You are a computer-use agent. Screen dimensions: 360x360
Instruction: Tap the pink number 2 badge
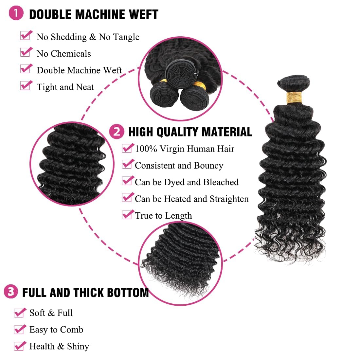point(117,131)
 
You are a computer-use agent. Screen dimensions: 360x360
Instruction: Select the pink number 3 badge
point(11,291)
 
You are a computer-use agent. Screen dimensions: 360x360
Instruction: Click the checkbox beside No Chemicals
point(26,53)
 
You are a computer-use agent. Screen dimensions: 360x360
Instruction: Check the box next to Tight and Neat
point(26,86)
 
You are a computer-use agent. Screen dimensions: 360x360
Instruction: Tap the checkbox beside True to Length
point(127,215)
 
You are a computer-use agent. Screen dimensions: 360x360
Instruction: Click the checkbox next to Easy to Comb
point(20,329)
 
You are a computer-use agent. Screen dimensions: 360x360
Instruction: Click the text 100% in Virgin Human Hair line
point(146,149)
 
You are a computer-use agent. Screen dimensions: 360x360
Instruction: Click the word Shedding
point(68,37)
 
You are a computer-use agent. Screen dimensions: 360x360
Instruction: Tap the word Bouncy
point(208,166)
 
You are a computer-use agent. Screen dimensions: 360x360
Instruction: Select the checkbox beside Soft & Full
point(20,313)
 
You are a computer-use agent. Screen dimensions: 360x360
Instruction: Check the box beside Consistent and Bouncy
point(127,165)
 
